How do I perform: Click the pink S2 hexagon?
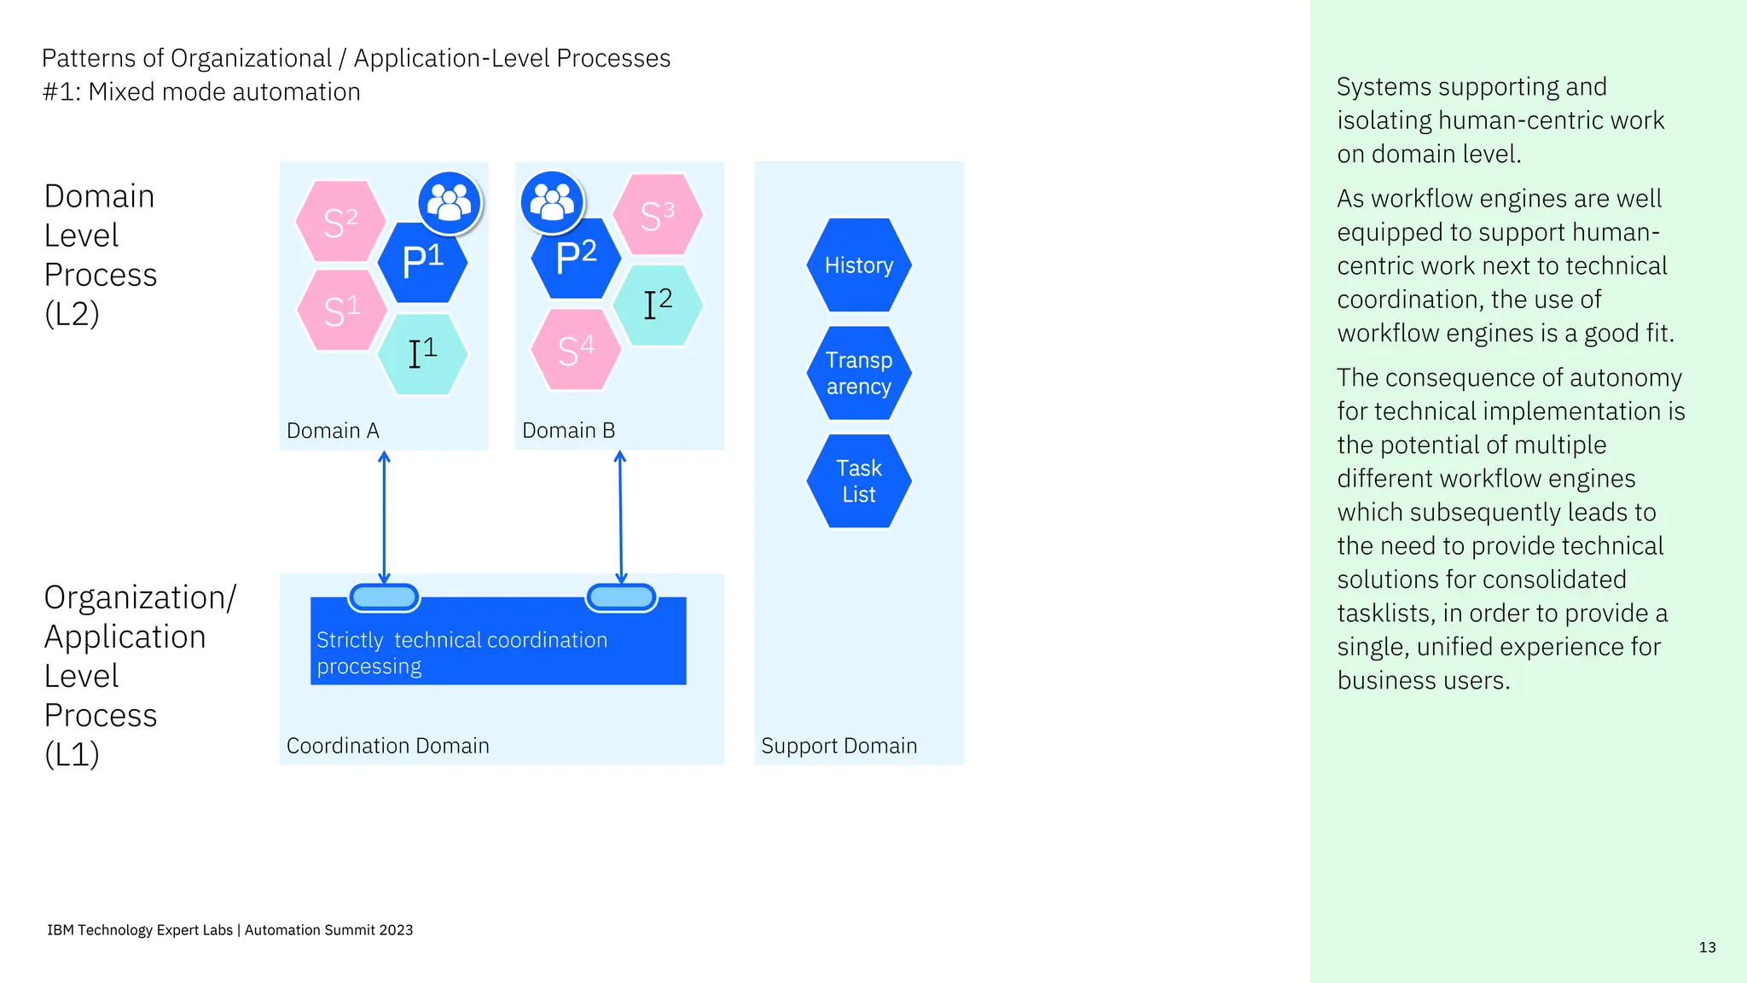(340, 222)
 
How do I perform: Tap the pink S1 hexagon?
(341, 311)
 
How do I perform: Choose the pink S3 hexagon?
(658, 215)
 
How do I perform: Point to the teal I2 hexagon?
(658, 305)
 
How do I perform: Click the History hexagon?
(859, 265)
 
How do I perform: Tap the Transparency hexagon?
(859, 373)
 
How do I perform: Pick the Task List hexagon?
(859, 481)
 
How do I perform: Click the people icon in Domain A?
(450, 203)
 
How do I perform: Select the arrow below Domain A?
(384, 517)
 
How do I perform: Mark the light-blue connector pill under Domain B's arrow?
(621, 597)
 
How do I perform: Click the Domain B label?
(568, 431)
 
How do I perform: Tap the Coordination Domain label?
(387, 746)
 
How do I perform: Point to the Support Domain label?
(839, 746)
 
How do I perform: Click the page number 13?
(1707, 947)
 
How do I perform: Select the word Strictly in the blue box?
(350, 640)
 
